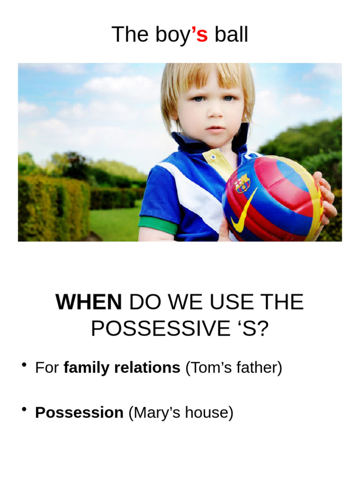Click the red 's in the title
click(x=199, y=35)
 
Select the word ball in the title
click(x=231, y=35)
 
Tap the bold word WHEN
click(x=89, y=302)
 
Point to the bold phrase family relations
click(x=122, y=368)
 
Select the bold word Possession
click(x=79, y=413)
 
